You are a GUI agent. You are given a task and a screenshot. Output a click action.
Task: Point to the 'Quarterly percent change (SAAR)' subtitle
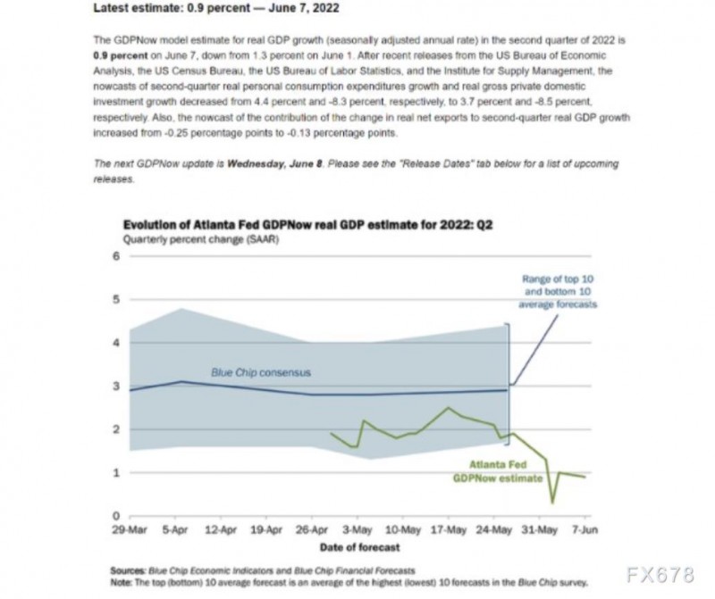(x=182, y=240)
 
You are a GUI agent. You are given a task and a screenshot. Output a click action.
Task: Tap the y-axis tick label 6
(x=115, y=257)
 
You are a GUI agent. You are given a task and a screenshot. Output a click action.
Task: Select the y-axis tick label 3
(x=115, y=387)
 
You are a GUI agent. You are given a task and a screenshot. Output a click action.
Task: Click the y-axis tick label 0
(x=115, y=516)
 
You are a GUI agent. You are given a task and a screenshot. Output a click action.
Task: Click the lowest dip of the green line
(x=553, y=503)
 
